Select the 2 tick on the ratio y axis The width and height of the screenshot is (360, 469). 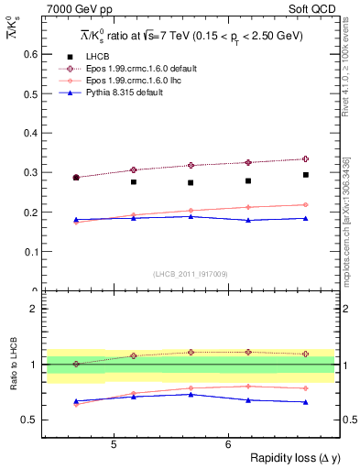35,309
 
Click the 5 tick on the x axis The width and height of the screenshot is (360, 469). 113,445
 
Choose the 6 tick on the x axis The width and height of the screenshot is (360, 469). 227,445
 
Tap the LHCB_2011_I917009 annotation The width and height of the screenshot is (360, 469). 191,274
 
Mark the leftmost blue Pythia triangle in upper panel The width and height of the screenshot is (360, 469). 76,220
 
